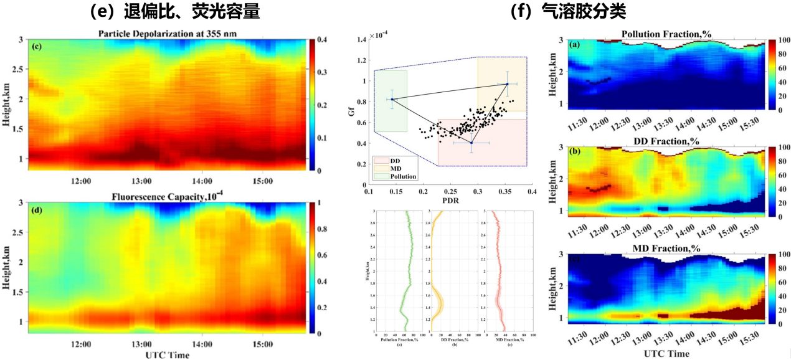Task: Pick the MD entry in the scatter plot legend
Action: [399, 169]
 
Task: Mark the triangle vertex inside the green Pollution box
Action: [392, 99]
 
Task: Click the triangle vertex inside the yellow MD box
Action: [507, 84]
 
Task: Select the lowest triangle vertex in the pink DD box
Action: [471, 143]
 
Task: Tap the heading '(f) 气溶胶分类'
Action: [567, 11]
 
